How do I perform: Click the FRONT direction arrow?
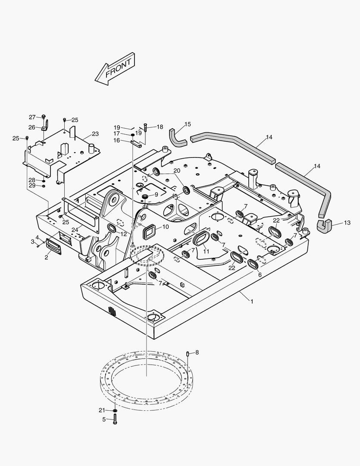115,68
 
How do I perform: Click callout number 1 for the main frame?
252,301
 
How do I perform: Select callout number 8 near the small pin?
197,353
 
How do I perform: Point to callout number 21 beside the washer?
102,410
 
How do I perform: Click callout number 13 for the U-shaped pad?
347,223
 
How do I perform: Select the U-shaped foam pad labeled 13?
323,226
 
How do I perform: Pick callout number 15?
188,125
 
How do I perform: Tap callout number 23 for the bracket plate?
95,134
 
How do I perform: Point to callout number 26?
32,127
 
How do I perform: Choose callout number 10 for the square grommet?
166,227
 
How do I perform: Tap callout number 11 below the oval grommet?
207,251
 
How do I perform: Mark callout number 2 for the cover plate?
46,258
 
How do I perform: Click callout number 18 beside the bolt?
160,127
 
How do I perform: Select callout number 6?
260,274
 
